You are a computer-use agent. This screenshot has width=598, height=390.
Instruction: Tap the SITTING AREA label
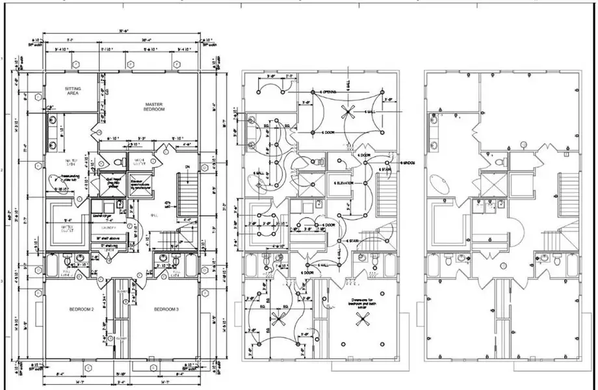pyautogui.click(x=72, y=90)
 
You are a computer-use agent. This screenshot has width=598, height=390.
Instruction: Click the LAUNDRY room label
pyautogui.click(x=108, y=228)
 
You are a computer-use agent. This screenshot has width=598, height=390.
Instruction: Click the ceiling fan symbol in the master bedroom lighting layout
pyautogui.click(x=349, y=112)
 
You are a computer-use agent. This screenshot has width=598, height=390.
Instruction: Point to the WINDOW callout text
pyautogui.click(x=408, y=162)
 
